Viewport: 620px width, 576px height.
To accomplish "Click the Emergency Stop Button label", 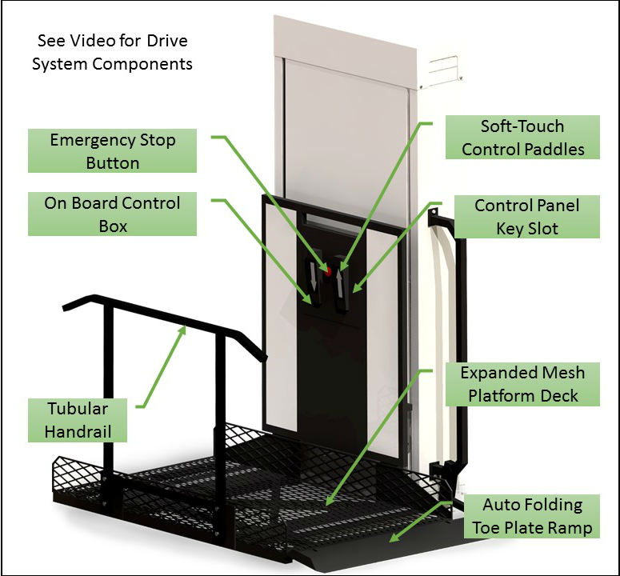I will coord(112,151).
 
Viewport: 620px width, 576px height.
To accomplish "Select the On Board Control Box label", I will coord(112,214).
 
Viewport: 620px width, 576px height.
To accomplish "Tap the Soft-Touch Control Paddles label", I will coord(522,137).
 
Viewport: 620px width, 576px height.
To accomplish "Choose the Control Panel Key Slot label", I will coord(526,217).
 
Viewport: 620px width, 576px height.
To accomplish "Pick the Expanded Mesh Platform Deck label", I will coord(522,384).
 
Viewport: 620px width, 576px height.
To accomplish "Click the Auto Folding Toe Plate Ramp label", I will coord(532,516).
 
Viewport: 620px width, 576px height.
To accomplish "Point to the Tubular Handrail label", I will coord(76,420).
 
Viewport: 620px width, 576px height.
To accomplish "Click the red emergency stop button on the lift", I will coord(328,271).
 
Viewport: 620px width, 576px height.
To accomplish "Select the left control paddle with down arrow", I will coord(314,282).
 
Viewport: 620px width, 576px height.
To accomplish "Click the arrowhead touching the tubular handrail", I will coord(185,327).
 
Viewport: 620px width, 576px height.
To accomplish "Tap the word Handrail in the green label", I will coord(76,432).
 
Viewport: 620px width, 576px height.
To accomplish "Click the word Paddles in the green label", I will coord(556,149).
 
